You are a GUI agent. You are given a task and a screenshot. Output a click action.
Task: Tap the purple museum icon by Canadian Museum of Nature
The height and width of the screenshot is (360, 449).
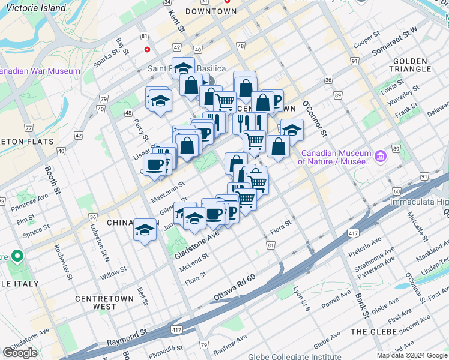(379, 157)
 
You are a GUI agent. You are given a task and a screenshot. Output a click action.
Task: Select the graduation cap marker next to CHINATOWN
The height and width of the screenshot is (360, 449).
(145, 230)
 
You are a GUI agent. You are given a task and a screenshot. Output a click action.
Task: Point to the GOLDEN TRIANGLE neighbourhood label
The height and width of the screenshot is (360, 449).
(411, 65)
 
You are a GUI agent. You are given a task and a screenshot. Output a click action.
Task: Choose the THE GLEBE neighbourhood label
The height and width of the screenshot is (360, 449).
(373, 332)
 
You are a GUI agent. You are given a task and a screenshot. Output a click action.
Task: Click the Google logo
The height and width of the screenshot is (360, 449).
(20, 353)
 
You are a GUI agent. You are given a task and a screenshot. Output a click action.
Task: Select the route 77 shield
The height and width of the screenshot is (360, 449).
(28, 128)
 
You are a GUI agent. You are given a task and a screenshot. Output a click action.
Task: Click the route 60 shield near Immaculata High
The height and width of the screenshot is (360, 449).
(397, 191)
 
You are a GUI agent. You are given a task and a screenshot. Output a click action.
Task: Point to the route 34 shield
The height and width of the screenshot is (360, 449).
(167, 2)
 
